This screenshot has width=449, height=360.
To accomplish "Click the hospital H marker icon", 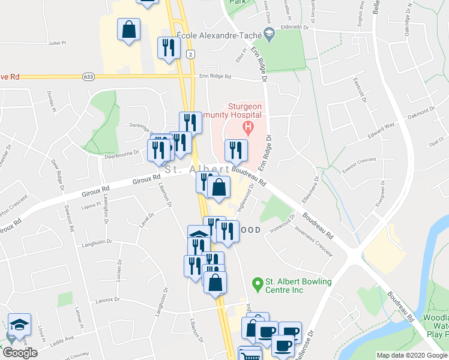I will (x=246, y=127).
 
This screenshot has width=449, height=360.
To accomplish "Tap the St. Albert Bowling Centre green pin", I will (x=258, y=282).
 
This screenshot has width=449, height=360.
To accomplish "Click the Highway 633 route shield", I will (x=89, y=76).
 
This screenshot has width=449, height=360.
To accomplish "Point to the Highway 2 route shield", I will (x=191, y=54).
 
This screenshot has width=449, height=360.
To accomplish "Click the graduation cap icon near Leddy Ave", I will (x=19, y=325).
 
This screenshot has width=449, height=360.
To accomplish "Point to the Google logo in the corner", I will (x=20, y=353).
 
